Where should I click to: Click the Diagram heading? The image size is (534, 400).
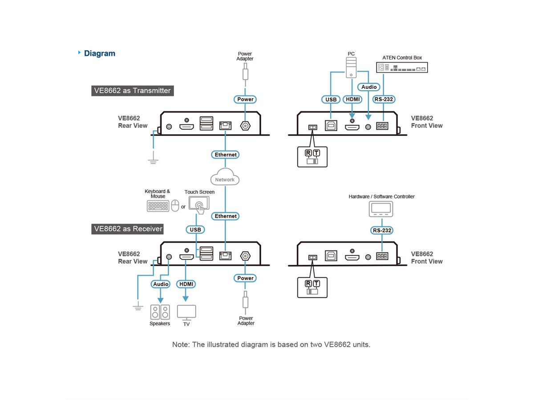click(99, 53)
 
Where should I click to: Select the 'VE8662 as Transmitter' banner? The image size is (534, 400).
click(132, 91)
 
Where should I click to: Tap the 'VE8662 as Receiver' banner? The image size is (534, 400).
click(128, 229)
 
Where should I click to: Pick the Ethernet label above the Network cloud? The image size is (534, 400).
click(226, 155)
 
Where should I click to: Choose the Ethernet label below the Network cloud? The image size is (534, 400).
click(226, 216)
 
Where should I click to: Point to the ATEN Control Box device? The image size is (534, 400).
click(402, 68)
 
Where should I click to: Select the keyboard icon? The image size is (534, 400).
click(158, 206)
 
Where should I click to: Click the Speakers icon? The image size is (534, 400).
click(160, 312)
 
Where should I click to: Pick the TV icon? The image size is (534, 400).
click(186, 312)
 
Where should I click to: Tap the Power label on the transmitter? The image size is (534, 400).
click(245, 99)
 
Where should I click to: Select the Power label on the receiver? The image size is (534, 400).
click(245, 278)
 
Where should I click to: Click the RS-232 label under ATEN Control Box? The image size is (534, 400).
click(383, 99)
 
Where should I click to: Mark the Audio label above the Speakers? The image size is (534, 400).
click(161, 284)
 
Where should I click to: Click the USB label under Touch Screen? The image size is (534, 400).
click(195, 230)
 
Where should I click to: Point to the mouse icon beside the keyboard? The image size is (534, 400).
click(175, 206)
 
